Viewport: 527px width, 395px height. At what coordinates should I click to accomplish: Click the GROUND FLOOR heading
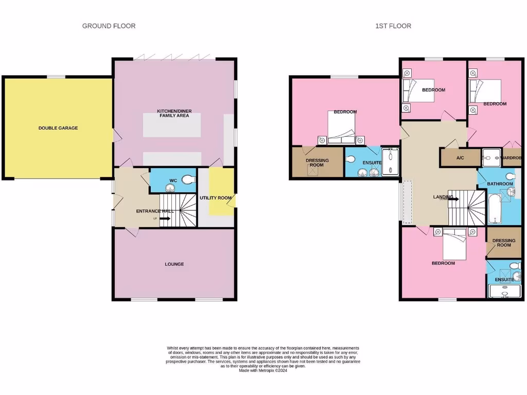[x=109, y=26]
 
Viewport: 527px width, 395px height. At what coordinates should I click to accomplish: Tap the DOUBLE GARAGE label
[x=58, y=128]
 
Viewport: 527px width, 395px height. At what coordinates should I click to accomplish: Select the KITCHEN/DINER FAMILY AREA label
[x=173, y=113]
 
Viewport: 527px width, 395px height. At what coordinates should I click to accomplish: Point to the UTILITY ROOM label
[x=216, y=197]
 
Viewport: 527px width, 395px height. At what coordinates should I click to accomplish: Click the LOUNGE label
[x=174, y=264]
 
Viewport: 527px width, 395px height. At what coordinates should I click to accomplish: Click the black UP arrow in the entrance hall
[x=164, y=219]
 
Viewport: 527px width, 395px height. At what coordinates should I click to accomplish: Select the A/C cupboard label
[x=460, y=158]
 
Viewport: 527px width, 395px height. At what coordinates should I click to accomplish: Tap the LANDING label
[x=443, y=196]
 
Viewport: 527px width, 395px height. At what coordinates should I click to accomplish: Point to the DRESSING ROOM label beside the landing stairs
[x=503, y=242]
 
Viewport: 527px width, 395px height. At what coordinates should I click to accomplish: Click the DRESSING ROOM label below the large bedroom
[x=317, y=163]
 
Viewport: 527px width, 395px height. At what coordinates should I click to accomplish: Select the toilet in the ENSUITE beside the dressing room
[x=351, y=159]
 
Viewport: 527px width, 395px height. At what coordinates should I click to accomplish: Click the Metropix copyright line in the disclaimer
[x=262, y=371]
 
